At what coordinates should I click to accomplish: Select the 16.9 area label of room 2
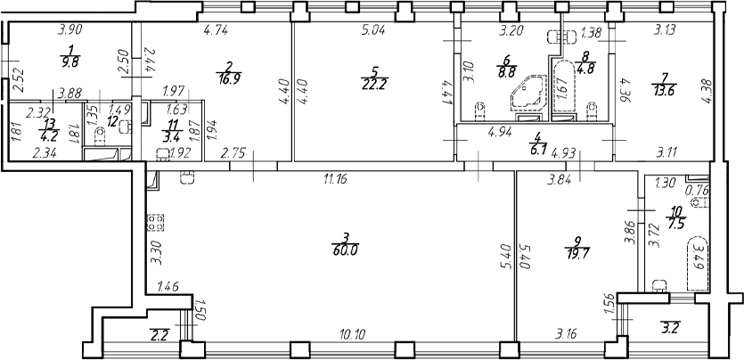(x=228, y=78)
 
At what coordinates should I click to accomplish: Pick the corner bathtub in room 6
(x=528, y=94)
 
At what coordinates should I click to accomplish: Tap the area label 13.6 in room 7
(x=664, y=90)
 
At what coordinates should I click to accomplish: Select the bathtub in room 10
(x=698, y=263)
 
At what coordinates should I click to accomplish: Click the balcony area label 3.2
(x=668, y=327)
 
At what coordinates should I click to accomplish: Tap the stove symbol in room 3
(x=156, y=223)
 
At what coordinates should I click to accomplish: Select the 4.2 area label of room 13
(x=48, y=133)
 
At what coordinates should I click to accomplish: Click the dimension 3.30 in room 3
(x=152, y=257)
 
